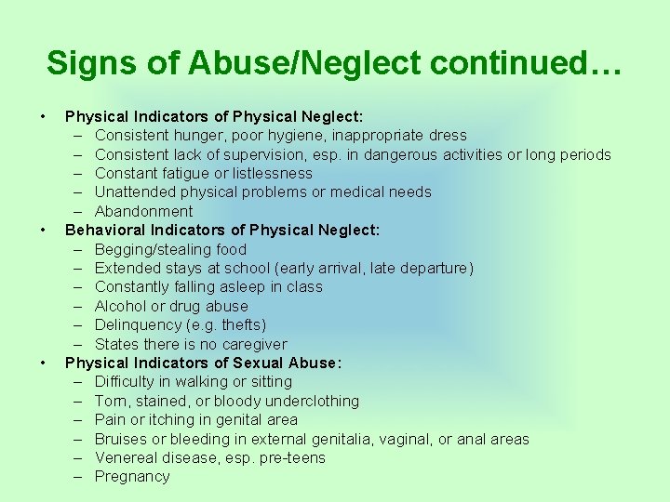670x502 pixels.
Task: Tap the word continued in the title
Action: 526,63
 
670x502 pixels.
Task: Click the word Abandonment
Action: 144,211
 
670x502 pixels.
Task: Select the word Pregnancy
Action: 133,476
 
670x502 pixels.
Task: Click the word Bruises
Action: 121,439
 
